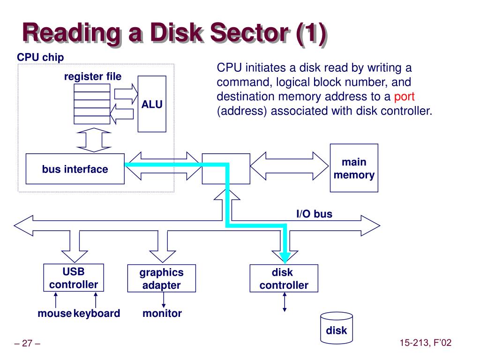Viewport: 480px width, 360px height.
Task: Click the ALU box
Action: pyautogui.click(x=152, y=104)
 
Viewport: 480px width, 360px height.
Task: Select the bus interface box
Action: pyautogui.click(x=75, y=169)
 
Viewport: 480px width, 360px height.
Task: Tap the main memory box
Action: pyautogui.click(x=354, y=168)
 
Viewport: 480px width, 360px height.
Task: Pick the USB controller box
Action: pyautogui.click(x=74, y=277)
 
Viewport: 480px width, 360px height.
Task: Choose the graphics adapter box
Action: pyautogui.click(x=162, y=278)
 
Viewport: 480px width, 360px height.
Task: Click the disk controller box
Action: pyautogui.click(x=284, y=278)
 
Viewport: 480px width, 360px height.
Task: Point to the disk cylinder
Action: pyautogui.click(x=337, y=328)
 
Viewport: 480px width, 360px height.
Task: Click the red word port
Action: pyautogui.click(x=404, y=97)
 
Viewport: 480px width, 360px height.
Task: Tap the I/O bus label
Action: pyautogui.click(x=315, y=214)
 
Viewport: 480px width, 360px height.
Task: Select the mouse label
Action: pyautogui.click(x=54, y=313)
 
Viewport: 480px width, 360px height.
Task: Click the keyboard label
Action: pyautogui.click(x=97, y=314)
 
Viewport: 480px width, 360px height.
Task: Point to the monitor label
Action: pyautogui.click(x=162, y=313)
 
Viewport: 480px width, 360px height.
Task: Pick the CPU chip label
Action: pyautogui.click(x=40, y=57)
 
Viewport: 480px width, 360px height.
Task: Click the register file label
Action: pyautogui.click(x=93, y=76)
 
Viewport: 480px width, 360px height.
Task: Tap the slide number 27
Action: pyautogui.click(x=27, y=343)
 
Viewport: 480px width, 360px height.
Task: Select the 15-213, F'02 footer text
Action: pyautogui.click(x=426, y=343)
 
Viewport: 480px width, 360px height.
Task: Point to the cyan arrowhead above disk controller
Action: pyautogui.click(x=285, y=258)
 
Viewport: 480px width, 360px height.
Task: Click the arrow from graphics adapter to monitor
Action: pyautogui.click(x=164, y=300)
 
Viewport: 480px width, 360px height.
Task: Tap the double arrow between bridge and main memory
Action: pyautogui.click(x=289, y=166)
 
